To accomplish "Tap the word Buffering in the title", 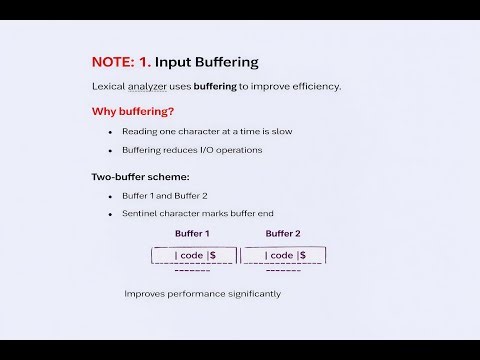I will (x=223, y=61).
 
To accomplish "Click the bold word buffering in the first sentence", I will (x=214, y=86).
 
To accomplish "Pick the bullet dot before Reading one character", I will (x=110, y=132).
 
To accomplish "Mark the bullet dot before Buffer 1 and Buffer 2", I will (x=110, y=196).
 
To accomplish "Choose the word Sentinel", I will (x=140, y=214).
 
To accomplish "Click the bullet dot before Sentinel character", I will (x=110, y=215).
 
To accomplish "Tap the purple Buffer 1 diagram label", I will (x=192, y=234).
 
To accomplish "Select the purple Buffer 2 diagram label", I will (x=283, y=234).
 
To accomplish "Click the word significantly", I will (x=249, y=294).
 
